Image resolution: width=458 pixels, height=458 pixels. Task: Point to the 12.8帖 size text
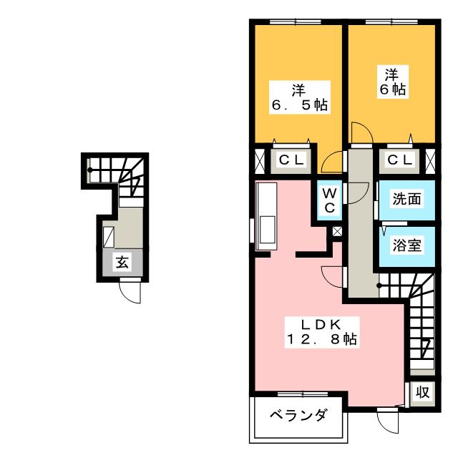pyautogui.click(x=322, y=339)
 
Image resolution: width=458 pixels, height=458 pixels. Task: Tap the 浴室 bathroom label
pyautogui.click(x=405, y=245)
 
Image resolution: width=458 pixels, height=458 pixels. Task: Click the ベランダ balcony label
pyautogui.click(x=299, y=415)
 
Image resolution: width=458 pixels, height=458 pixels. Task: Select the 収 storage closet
pyautogui.click(x=422, y=392)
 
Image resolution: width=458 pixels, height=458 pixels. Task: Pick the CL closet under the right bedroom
pyautogui.click(x=400, y=160)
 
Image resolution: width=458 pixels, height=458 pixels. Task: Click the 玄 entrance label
pyautogui.click(x=122, y=263)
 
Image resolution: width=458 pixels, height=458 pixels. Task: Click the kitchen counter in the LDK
pyautogui.click(x=266, y=216)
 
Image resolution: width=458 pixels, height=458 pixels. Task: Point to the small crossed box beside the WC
pyautogui.click(x=337, y=232)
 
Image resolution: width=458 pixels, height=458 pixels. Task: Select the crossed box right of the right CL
pyautogui.click(x=429, y=160)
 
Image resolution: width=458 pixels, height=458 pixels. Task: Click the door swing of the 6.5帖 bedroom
pyautogui.click(x=331, y=163)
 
